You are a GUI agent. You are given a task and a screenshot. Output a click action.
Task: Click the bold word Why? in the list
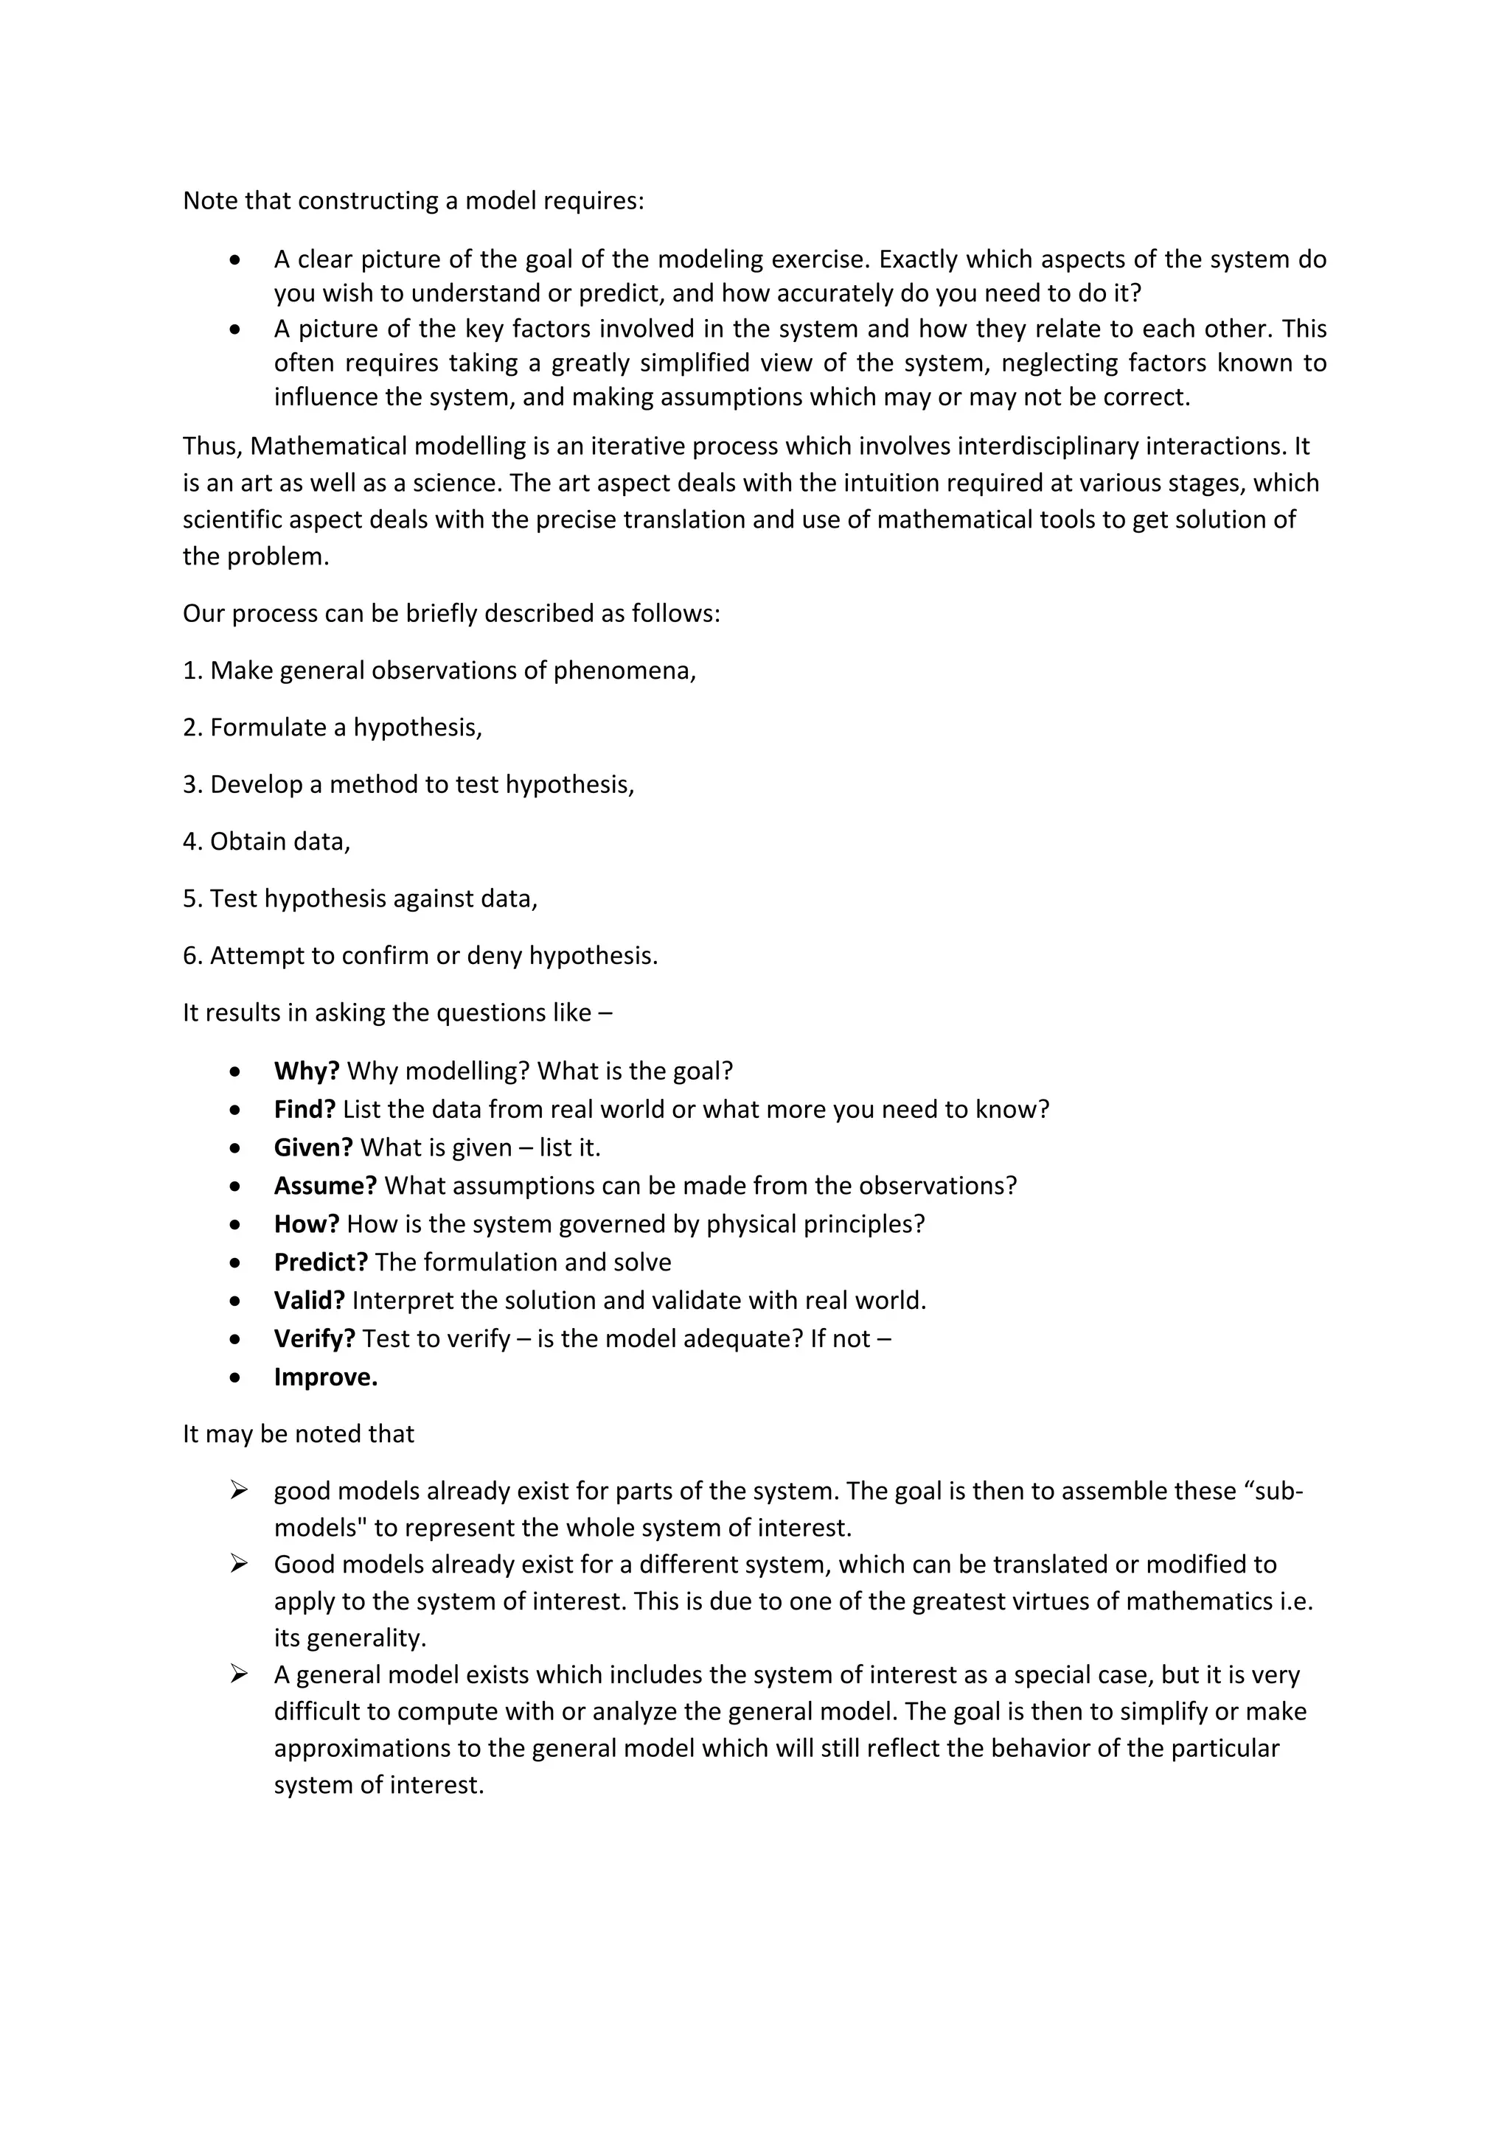coord(306,1072)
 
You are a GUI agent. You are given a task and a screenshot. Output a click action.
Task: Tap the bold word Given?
coord(313,1147)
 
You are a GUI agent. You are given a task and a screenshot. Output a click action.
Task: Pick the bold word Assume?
coord(324,1186)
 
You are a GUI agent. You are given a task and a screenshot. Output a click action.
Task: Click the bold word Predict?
coord(320,1262)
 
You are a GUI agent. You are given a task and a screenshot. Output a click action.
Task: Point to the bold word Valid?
coord(309,1300)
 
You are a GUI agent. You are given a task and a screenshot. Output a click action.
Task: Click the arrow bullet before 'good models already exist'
coord(239,1491)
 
